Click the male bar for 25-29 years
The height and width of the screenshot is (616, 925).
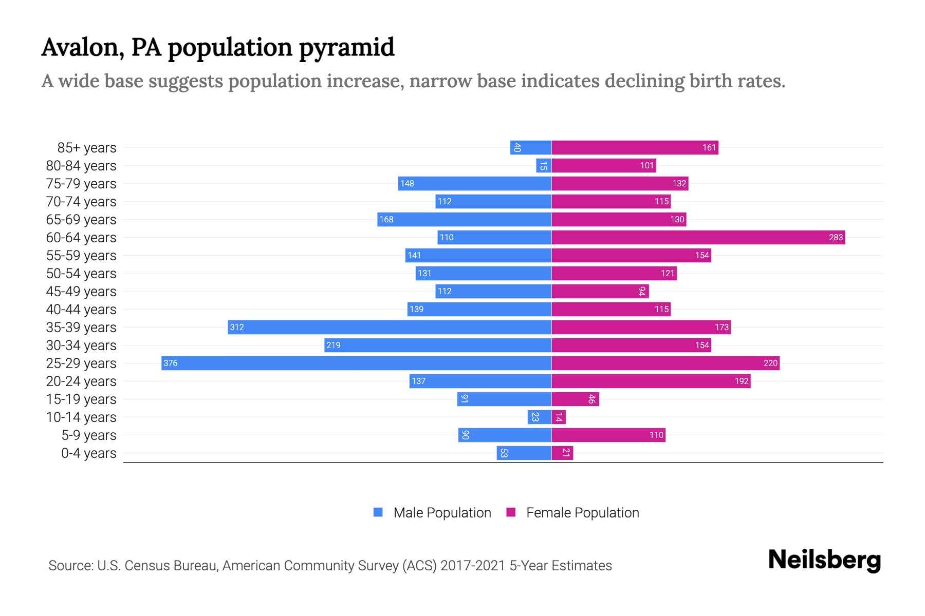coord(356,363)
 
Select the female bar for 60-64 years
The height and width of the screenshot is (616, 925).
coord(698,237)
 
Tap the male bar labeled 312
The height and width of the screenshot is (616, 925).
coord(390,327)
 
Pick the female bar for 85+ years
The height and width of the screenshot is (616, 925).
coord(635,147)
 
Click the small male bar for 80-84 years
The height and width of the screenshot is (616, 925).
coord(543,165)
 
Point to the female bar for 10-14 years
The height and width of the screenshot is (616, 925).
coord(559,417)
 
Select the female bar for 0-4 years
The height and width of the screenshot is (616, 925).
coord(562,453)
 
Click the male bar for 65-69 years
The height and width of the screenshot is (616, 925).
coord(464,219)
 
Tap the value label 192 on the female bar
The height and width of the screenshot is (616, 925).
coord(741,381)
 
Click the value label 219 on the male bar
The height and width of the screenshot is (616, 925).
coord(334,345)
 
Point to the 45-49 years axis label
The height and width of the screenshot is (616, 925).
coord(81,291)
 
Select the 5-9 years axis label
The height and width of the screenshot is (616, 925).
coord(88,435)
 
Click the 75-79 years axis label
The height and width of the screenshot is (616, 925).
coord(81,183)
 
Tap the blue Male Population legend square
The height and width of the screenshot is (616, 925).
coord(378,512)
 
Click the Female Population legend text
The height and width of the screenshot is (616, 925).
coord(582,512)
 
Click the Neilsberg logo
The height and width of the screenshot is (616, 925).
coord(824,560)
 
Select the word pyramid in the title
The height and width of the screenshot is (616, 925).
coord(346,47)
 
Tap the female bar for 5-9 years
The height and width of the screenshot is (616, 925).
coord(608,435)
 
